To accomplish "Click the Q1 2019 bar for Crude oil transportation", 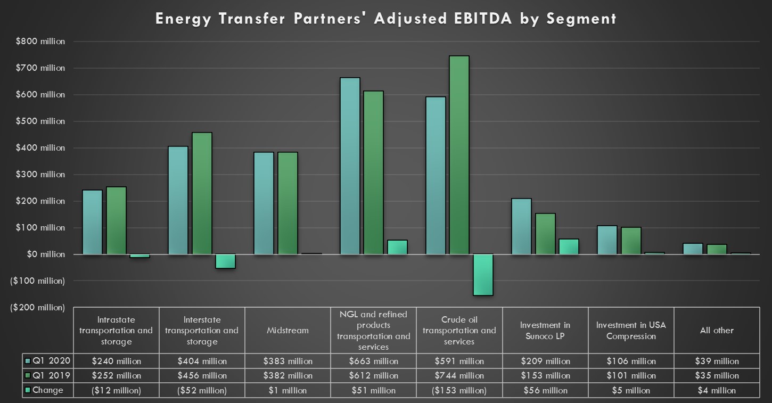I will pos(459,154).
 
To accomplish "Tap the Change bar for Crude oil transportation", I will pos(483,274).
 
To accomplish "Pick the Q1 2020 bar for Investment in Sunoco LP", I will pos(521,226).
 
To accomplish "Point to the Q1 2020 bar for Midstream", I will pos(264,203).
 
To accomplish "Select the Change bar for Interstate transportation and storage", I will pos(225,261).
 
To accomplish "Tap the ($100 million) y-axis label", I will pos(37,281).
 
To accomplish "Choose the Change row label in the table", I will pos(48,390).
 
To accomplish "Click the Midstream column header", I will pos(288,330).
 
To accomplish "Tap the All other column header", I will pos(717,330).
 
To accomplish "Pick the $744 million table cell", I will pos(459,375).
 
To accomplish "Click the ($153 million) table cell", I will pos(459,390).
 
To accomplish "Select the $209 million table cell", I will pos(545,361).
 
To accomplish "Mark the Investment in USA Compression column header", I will pos(631,330).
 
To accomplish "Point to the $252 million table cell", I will pos(116,375).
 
